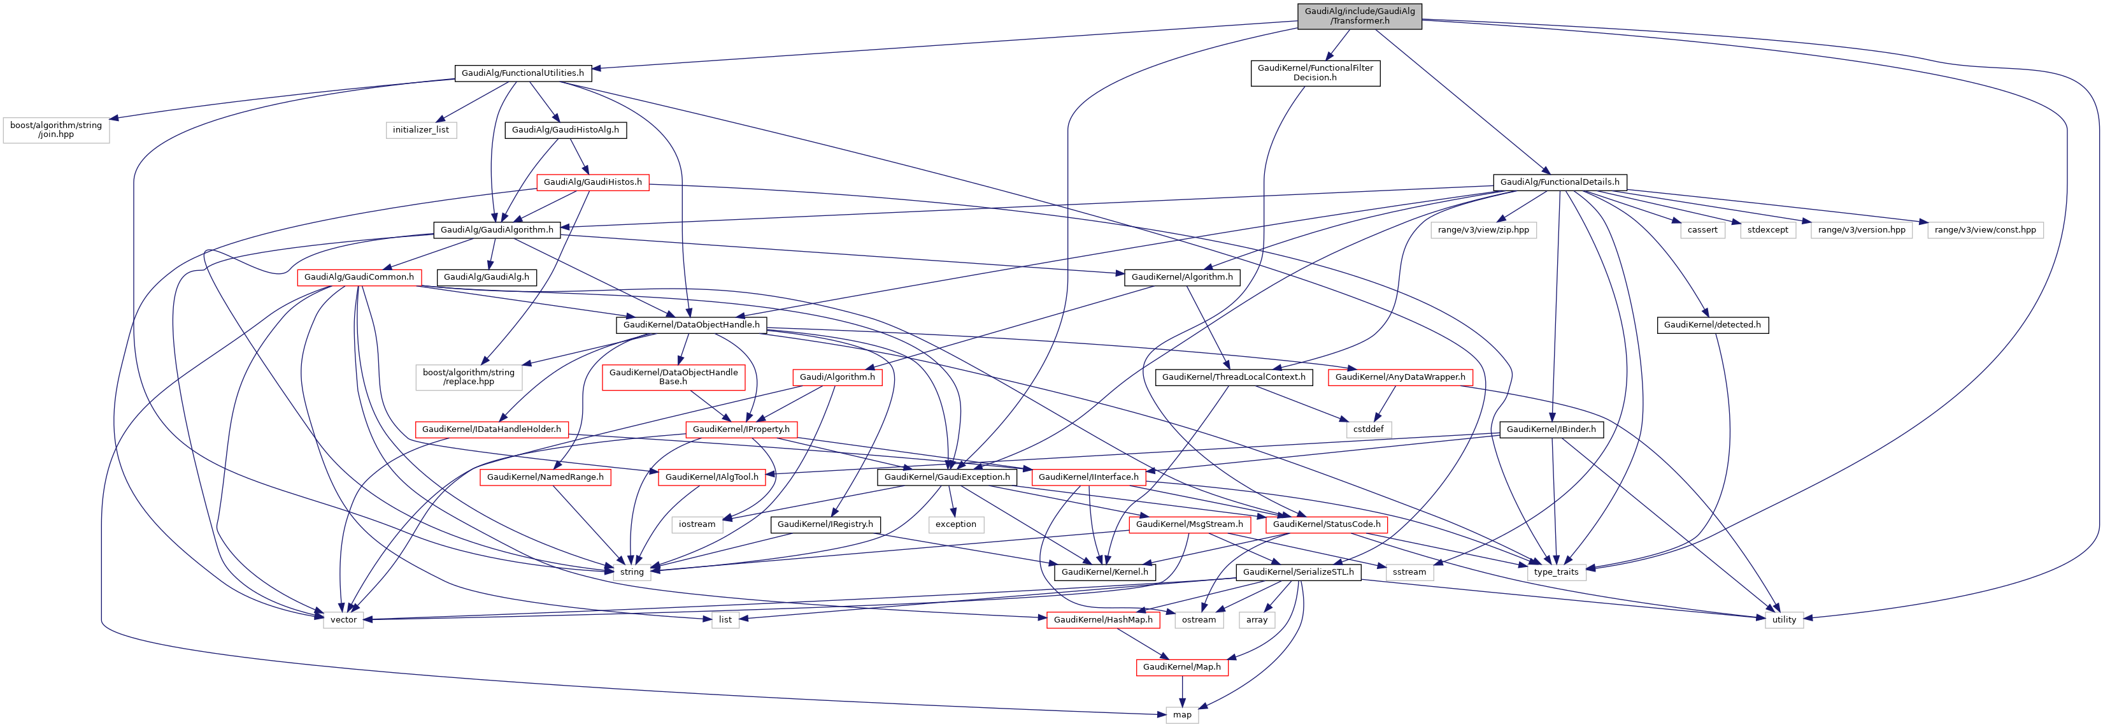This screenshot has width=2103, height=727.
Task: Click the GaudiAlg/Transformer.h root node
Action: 1358,15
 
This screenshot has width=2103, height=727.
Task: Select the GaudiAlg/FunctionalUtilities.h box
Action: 522,73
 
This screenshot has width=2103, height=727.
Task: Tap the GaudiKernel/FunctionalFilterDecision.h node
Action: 1315,73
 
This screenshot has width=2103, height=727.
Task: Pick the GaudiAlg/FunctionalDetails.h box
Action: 1559,182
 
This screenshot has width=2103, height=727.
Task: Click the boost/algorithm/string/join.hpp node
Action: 55,130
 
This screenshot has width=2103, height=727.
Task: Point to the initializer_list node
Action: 420,130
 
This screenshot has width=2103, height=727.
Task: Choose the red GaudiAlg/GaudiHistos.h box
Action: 593,182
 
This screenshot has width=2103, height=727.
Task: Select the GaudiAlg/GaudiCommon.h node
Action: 359,278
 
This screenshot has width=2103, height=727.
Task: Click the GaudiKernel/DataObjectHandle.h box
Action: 690,325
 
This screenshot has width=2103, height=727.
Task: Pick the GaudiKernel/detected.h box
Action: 1712,325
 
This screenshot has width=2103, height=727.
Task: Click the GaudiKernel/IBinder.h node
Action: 1550,429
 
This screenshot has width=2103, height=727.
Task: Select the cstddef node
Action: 1368,429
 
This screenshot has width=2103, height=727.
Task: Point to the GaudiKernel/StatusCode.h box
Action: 1327,524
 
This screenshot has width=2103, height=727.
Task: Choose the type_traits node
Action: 1556,572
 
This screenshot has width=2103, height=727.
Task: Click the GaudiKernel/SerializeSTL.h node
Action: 1298,572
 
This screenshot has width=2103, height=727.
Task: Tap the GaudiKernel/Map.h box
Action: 1181,667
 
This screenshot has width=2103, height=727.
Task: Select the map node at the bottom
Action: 1182,715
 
